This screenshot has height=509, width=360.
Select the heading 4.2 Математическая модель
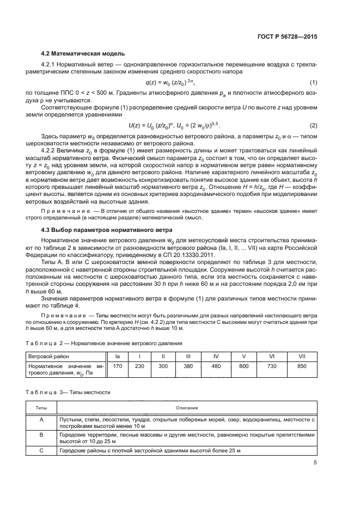coord(83,53)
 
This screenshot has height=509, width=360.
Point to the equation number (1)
coord(314,82)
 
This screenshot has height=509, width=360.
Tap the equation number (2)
coord(314,125)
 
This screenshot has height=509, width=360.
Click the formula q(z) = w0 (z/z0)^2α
coord(169,82)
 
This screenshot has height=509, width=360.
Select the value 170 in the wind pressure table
coord(117,367)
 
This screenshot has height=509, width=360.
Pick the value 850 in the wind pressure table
coord(302,367)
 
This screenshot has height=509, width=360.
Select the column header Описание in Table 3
coord(187,407)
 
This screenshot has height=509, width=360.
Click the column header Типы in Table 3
coord(41,407)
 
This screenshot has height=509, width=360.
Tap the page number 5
coord(315,463)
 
